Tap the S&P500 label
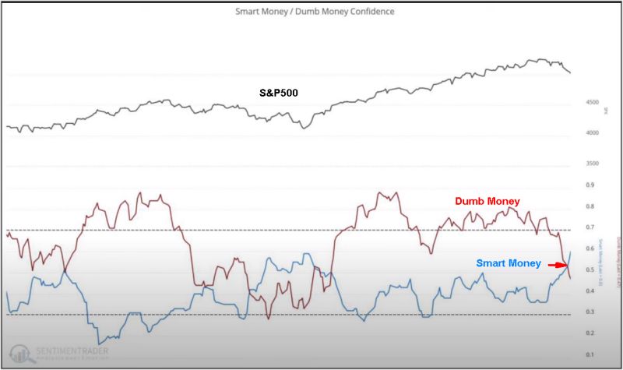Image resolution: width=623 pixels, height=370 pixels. pos(279,93)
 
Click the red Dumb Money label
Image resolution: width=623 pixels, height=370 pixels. pos(487,201)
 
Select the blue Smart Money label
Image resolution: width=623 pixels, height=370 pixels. pos(508,264)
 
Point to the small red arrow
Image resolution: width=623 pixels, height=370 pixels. pos(556,265)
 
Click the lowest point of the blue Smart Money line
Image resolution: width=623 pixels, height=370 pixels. pos(100,344)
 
